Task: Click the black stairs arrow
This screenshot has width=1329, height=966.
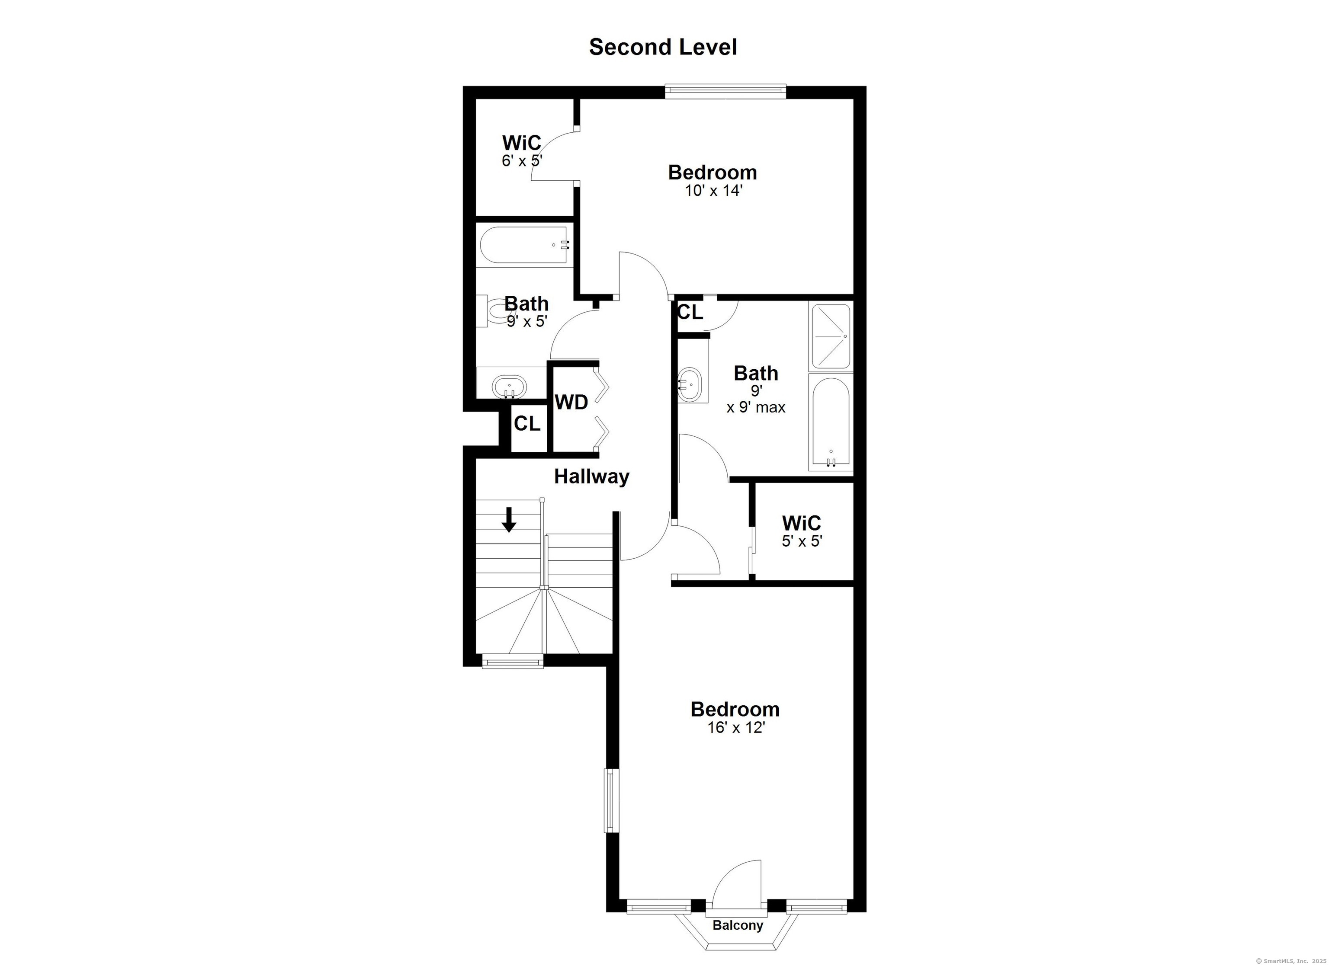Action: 509,519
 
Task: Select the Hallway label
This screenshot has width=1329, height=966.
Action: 592,477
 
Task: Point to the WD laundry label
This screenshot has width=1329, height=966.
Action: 571,403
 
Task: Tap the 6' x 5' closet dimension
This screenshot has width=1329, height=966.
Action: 522,160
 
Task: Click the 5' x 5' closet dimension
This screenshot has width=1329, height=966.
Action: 802,541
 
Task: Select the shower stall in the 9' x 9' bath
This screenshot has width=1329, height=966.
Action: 830,336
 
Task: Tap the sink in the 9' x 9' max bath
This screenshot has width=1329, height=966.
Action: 691,385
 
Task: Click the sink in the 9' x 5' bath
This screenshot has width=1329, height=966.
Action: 509,387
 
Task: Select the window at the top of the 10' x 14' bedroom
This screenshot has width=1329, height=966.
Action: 725,90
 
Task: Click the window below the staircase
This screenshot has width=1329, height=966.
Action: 513,662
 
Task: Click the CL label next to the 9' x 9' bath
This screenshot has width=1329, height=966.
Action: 690,313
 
